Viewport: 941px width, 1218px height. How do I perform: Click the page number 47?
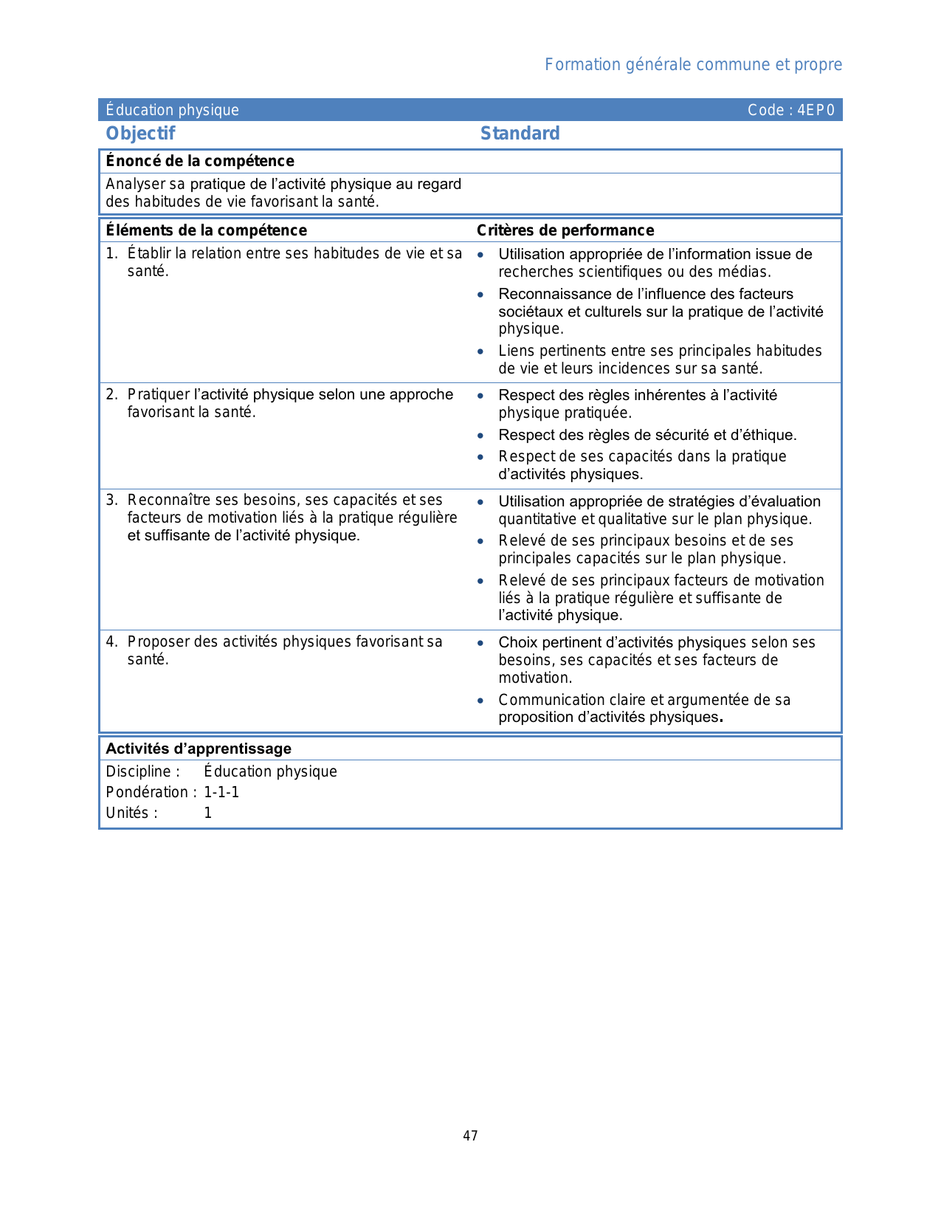470,1135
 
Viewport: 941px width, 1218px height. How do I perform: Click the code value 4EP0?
816,110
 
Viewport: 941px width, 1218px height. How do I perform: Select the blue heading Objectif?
140,134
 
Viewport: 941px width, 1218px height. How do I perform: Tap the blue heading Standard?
520,134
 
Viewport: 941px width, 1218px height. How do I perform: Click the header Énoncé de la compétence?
200,161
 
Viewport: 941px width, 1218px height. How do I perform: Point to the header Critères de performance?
565,230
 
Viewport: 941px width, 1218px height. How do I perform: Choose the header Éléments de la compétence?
206,230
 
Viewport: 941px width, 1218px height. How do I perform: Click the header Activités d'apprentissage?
199,749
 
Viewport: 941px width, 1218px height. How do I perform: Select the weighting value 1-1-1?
221,792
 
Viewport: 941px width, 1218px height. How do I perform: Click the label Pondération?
149,792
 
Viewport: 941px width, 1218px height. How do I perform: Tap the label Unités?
131,813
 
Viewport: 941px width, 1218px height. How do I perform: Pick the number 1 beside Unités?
208,813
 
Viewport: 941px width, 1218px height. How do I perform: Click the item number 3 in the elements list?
111,500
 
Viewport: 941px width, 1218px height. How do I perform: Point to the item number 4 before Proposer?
111,642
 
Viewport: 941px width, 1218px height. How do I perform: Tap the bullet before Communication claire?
480,701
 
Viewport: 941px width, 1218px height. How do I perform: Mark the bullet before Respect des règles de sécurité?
480,436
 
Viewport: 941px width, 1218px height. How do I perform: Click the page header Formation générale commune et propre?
693,65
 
